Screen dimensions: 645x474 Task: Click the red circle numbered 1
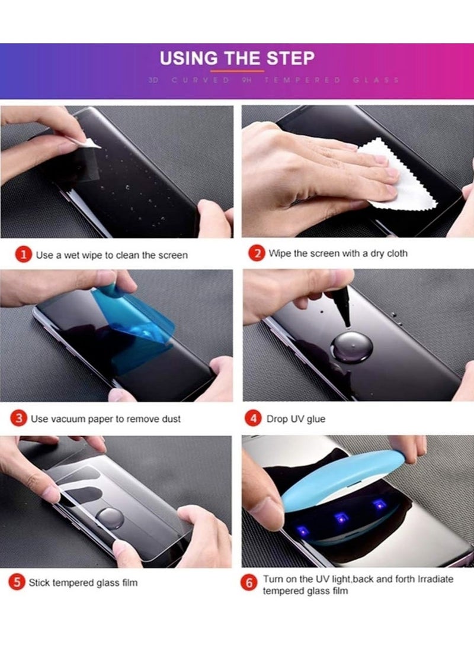click(x=23, y=255)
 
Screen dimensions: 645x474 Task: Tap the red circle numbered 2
click(x=256, y=254)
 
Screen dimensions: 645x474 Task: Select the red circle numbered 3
click(x=19, y=418)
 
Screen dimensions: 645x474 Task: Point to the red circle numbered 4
click(x=253, y=418)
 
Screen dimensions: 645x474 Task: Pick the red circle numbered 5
click(x=18, y=582)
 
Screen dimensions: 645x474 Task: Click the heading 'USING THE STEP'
click(x=237, y=59)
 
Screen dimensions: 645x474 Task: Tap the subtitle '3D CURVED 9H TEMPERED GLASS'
click(x=273, y=80)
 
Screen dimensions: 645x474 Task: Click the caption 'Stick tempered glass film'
click(x=83, y=583)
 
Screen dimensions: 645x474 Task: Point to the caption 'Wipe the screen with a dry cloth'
click(x=338, y=254)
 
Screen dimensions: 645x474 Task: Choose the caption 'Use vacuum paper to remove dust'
click(x=106, y=419)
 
